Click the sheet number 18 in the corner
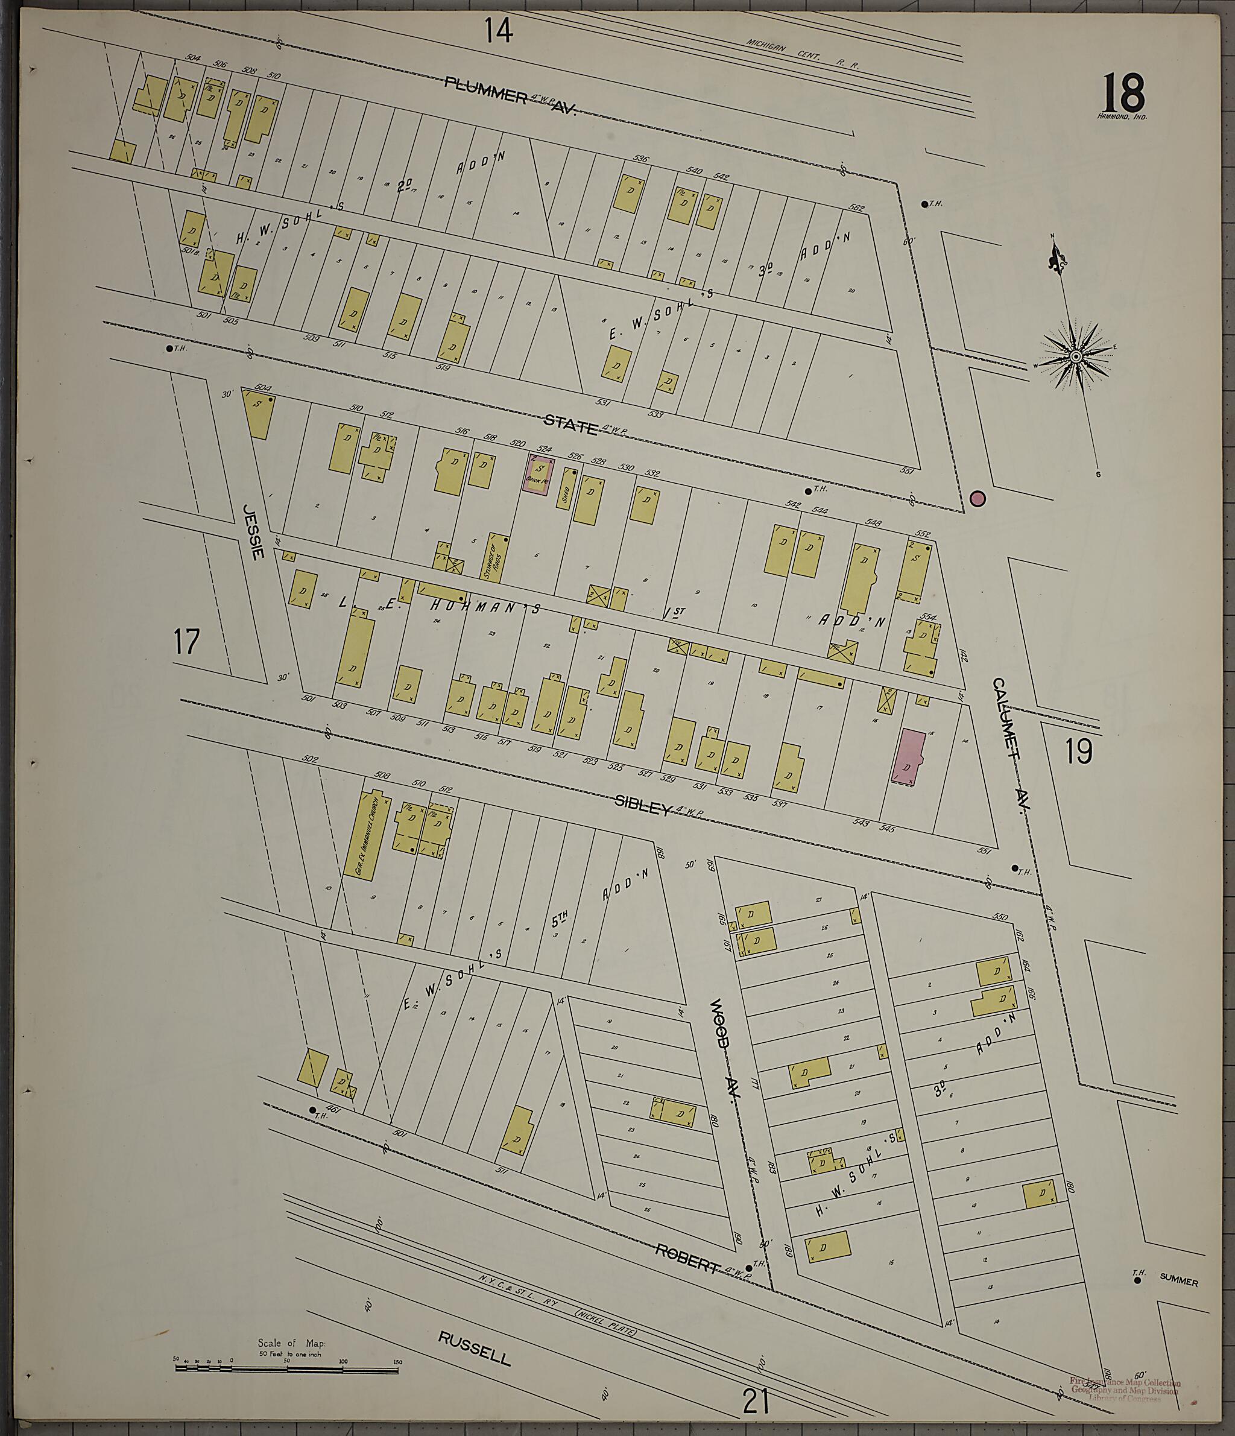point(1123,93)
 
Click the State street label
point(570,423)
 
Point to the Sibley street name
point(644,804)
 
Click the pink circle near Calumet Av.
point(977,498)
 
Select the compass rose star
point(1076,356)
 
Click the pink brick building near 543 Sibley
point(908,758)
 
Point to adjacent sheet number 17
point(186,641)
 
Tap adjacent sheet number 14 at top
point(498,31)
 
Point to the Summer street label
point(1178,1282)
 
